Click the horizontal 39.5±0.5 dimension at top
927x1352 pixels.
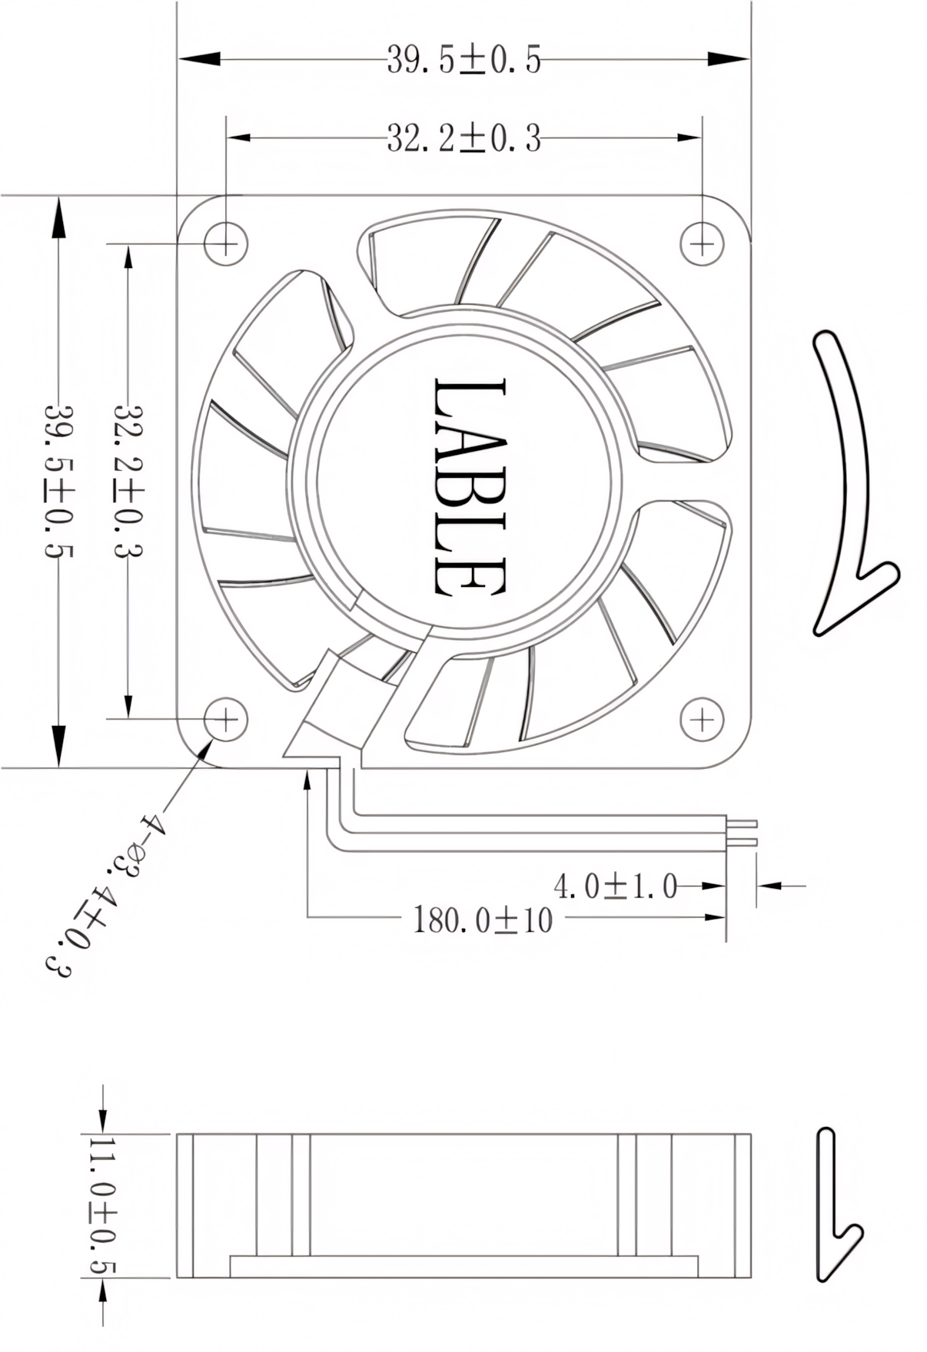click(463, 59)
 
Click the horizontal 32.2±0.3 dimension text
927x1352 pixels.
click(463, 139)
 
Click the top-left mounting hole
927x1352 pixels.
click(226, 244)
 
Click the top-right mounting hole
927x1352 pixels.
click(702, 244)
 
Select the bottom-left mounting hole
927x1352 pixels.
click(226, 719)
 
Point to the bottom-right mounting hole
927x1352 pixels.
click(702, 719)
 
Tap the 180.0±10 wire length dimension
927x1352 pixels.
click(483, 920)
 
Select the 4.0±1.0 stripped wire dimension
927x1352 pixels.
click(615, 886)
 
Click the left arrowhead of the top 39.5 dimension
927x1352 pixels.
click(198, 59)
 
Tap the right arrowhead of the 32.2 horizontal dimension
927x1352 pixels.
click(689, 139)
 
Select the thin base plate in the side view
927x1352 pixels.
click(463, 1266)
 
